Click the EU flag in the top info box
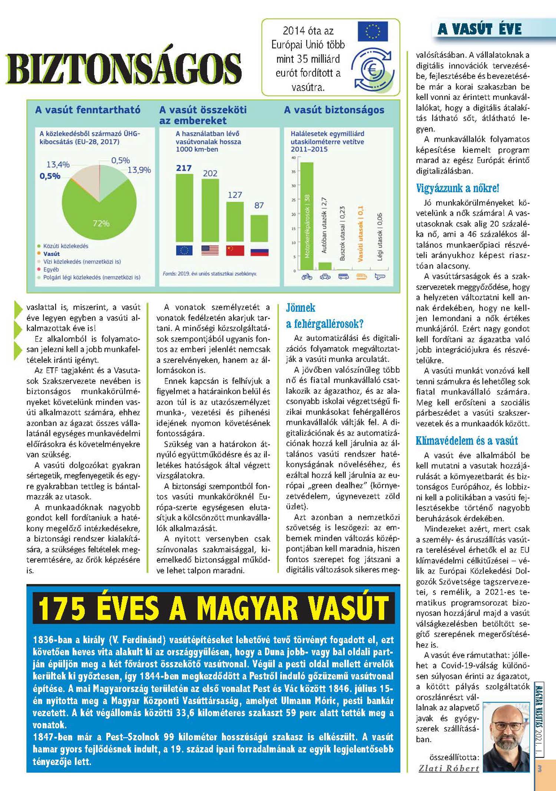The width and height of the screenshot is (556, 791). [373, 31]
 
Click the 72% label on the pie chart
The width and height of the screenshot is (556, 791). [101, 223]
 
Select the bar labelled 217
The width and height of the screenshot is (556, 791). [184, 207]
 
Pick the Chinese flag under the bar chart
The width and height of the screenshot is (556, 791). [235, 250]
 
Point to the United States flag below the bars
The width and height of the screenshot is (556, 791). [210, 250]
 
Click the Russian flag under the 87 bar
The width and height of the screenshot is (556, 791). [259, 252]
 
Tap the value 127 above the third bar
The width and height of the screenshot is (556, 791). [235, 195]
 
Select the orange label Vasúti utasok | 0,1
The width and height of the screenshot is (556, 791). [361, 234]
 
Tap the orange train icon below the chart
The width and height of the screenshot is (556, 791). [361, 276]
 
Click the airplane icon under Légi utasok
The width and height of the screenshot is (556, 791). [380, 276]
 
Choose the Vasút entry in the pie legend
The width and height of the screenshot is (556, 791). [51, 254]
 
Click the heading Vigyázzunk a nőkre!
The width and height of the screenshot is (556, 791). [457, 188]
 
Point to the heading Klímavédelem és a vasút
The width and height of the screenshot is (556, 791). [467, 441]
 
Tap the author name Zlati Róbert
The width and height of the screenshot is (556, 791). [449, 768]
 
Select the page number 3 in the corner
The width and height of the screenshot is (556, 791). [540, 769]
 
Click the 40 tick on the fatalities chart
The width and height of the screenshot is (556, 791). [294, 158]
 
